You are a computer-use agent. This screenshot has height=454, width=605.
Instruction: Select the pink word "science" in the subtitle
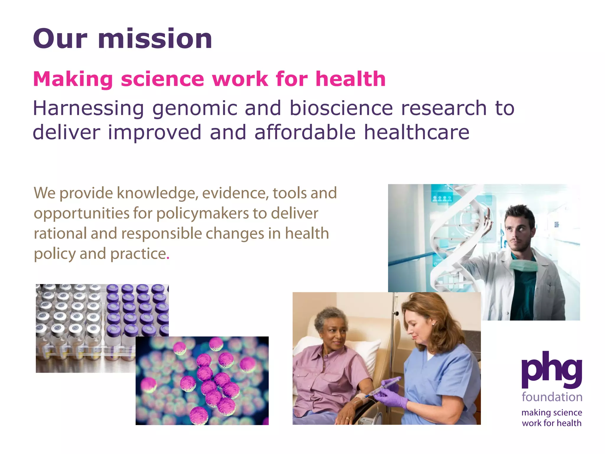(x=162, y=79)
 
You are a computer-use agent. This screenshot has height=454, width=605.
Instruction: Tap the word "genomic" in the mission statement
(x=195, y=109)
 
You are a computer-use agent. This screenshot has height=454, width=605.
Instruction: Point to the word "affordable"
(x=305, y=132)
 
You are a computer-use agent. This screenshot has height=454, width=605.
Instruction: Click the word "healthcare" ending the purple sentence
(x=417, y=132)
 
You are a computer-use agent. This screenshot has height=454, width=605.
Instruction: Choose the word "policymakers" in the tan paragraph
(x=202, y=214)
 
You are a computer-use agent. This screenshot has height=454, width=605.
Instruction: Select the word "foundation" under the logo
(x=552, y=397)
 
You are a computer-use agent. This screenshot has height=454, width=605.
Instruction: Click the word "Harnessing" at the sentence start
(x=88, y=109)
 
